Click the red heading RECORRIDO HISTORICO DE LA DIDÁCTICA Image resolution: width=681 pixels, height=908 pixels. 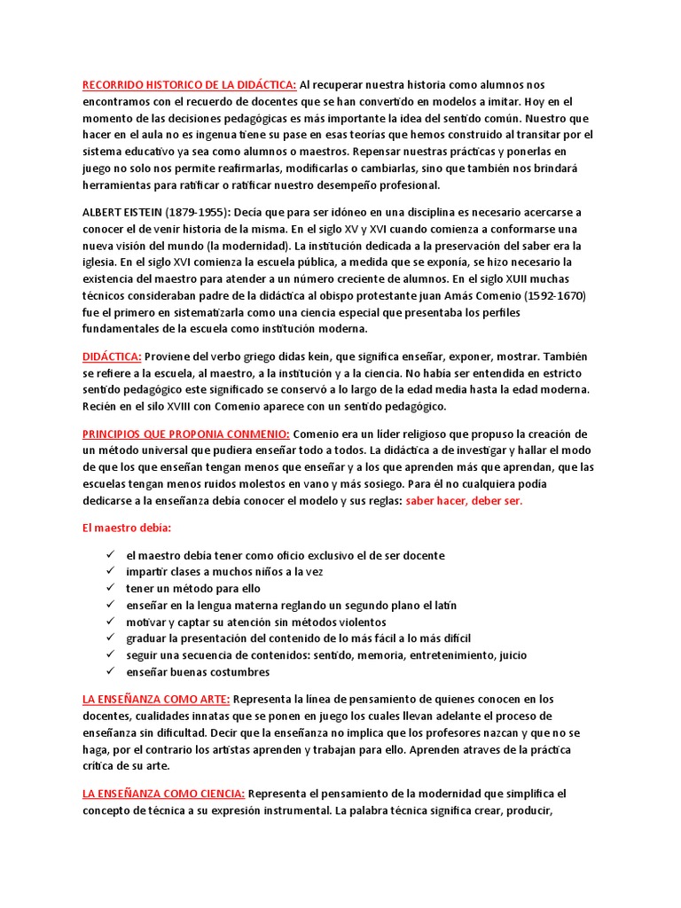pos(189,85)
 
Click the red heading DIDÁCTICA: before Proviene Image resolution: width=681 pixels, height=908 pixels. pos(112,356)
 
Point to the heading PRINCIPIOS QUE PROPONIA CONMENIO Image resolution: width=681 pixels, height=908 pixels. pos(185,434)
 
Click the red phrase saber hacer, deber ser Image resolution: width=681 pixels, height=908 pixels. pos(464,500)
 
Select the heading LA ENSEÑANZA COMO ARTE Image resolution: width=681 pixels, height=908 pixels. pos(157,699)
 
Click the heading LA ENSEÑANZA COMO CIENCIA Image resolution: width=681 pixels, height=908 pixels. pos(163,793)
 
